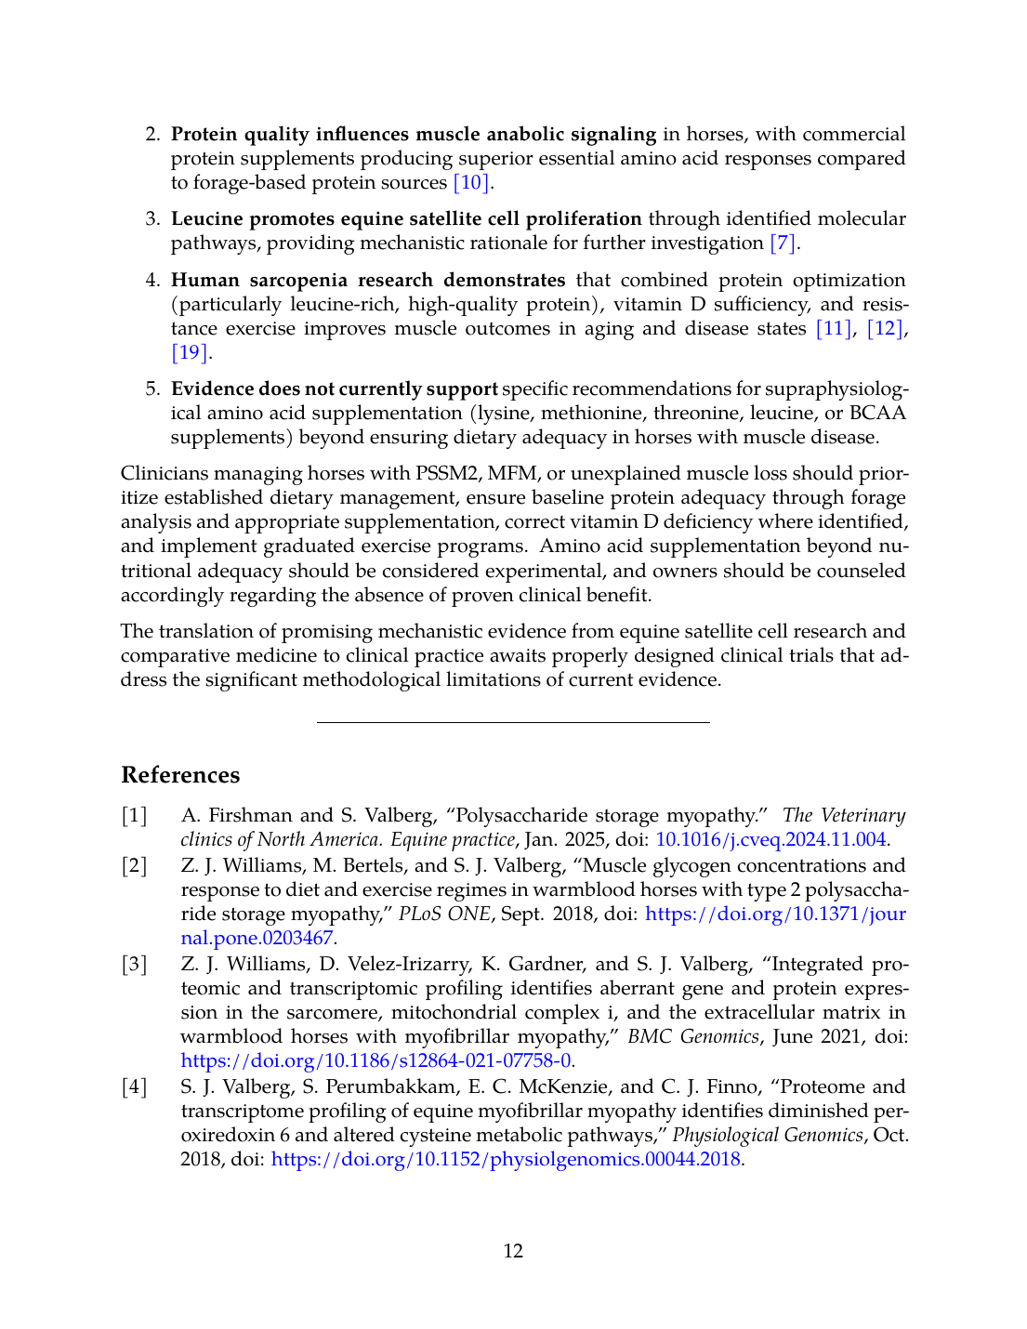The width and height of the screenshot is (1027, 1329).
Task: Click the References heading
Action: coord(180,775)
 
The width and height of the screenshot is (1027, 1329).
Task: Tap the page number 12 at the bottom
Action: coord(513,1251)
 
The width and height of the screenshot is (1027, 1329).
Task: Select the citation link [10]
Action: coord(472,183)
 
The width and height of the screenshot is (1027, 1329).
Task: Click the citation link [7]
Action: coord(783,243)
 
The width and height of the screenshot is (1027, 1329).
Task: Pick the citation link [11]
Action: coord(833,329)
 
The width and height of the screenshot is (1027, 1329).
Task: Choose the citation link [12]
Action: coord(884,329)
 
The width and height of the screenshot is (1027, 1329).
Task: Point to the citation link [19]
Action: coord(190,353)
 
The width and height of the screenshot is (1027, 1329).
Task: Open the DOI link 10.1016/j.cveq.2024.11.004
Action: coord(770,840)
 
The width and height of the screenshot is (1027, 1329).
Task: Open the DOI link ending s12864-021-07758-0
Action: coord(375,1061)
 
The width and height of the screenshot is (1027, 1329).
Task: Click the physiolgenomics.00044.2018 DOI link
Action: coord(506,1160)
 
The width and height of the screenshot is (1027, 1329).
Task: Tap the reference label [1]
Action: coord(135,816)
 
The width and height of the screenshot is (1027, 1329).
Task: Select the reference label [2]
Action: coord(135,866)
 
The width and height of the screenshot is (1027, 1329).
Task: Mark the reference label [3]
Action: coord(135,965)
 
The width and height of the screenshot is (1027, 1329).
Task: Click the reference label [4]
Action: coord(135,1087)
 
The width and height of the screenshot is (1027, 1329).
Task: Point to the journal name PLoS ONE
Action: coord(444,915)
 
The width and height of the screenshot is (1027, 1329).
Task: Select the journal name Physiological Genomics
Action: coord(768,1136)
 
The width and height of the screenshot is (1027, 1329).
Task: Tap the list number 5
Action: coord(152,389)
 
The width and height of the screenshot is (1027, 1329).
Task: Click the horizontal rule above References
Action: coord(513,722)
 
